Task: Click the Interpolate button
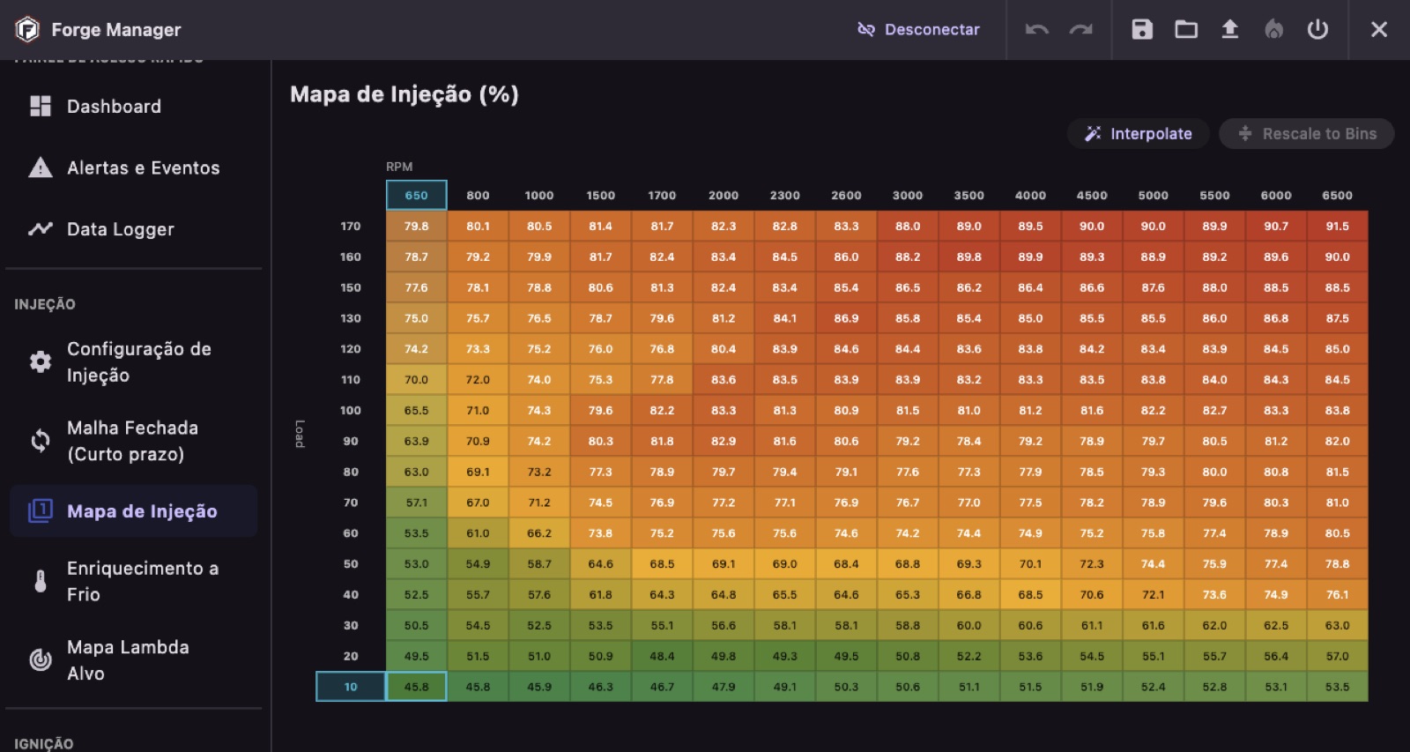coord(1139,134)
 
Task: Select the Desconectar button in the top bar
coord(918,30)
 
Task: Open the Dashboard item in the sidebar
coord(114,107)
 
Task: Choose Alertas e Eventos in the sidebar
coord(143,168)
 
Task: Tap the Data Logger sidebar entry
coord(120,229)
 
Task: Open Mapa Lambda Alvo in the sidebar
coord(128,660)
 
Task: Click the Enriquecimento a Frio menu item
coord(142,581)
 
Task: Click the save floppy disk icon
coord(1142,30)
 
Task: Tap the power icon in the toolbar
coord(1317,30)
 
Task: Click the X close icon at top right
coord(1379,30)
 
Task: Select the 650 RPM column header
coord(417,196)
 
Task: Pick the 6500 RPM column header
coord(1337,196)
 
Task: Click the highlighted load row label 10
coord(351,687)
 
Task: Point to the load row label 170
coord(351,227)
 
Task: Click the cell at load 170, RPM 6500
coord(1337,227)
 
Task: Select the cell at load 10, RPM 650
coord(417,687)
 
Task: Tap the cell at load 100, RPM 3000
coord(908,411)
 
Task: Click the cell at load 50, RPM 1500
coord(601,564)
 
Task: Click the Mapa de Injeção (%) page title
coord(404,94)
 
